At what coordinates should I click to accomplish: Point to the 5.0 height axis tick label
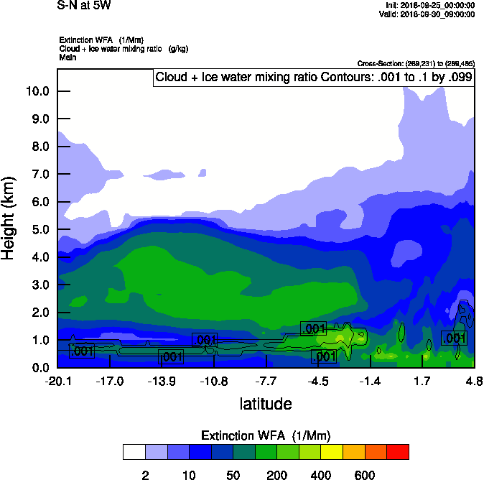[x=39, y=230]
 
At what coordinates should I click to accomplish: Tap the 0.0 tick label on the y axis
[x=39, y=368]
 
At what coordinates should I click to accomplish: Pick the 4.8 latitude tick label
[x=473, y=381]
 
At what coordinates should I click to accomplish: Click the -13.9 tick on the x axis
[x=162, y=381]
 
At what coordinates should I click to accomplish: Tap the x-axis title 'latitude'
[x=266, y=404]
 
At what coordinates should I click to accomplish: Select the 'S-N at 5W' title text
[x=84, y=6]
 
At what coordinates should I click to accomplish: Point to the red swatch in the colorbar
[x=398, y=452]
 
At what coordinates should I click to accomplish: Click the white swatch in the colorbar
[x=134, y=452]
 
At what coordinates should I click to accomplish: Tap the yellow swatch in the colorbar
[x=332, y=452]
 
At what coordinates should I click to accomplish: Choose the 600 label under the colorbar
[x=365, y=475]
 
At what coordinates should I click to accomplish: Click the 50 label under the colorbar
[x=233, y=475]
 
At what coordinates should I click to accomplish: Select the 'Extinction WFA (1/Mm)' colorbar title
[x=266, y=435]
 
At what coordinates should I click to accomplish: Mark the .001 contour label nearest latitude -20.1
[x=81, y=351]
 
